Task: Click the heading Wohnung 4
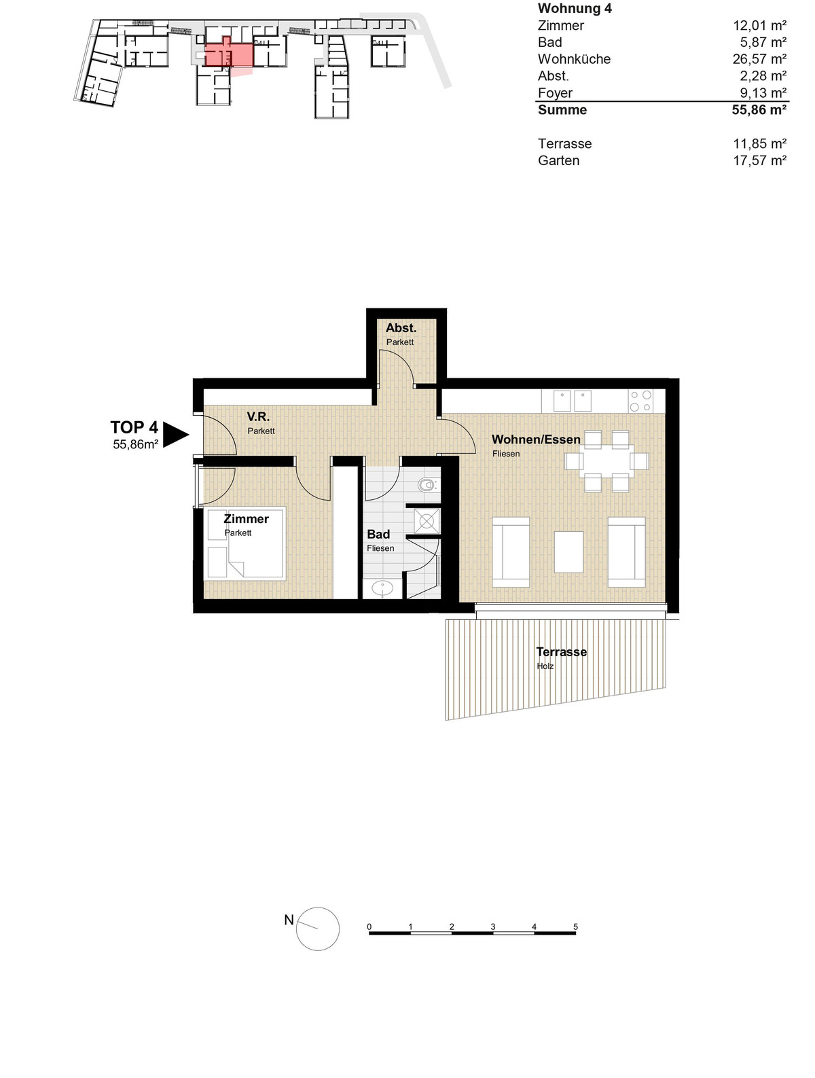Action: point(575,8)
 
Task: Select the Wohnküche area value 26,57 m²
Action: point(759,59)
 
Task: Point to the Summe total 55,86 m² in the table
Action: point(759,109)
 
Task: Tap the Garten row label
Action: point(558,160)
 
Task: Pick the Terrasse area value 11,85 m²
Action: point(759,143)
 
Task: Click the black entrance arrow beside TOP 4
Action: point(175,435)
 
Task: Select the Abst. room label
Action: point(401,327)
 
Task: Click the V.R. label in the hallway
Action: point(258,416)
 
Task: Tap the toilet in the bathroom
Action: point(427,485)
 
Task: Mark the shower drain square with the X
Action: point(426,520)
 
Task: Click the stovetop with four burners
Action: point(640,401)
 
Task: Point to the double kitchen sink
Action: point(573,401)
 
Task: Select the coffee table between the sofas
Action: point(568,552)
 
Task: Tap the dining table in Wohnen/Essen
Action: point(606,461)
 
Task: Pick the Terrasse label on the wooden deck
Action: point(561,651)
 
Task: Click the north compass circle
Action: point(318,939)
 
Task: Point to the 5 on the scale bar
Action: point(575,927)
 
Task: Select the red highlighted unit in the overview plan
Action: point(229,54)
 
